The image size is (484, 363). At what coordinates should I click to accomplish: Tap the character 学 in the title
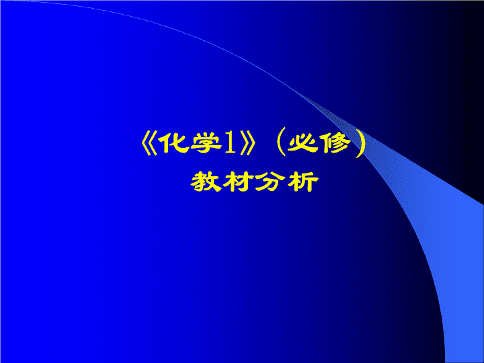pos(206,143)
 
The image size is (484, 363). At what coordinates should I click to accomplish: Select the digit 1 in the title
pos(231,143)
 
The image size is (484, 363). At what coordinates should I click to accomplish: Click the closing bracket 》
pos(247,144)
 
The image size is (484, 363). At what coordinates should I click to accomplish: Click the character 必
pos(302,143)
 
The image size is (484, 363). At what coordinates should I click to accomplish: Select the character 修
pos(337,143)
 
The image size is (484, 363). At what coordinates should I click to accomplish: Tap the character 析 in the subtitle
pos(302,182)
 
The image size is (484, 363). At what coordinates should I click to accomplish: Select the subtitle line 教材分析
pos(254,182)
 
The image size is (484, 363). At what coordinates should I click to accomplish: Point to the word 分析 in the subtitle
pos(287,182)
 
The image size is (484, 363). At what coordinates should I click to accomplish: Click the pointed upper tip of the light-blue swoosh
pos(297,92)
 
